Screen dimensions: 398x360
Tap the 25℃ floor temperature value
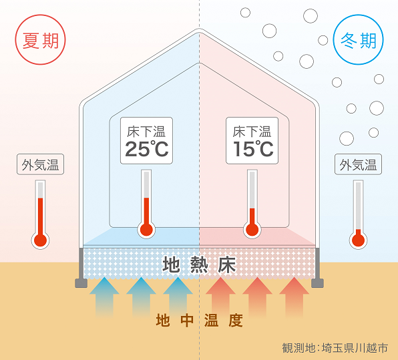click(147, 149)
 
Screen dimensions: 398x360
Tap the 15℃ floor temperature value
click(253, 149)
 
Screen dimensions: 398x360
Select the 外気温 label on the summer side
click(40, 164)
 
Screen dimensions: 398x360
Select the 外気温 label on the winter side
click(358, 164)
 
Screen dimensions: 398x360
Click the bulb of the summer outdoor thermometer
click(40, 240)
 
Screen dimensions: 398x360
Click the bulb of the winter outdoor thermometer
click(358, 240)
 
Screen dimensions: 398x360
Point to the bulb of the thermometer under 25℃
click(146, 230)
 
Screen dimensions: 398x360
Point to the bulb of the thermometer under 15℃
click(252, 230)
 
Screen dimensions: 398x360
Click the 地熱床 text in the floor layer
click(199, 264)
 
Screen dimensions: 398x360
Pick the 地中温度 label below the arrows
click(199, 321)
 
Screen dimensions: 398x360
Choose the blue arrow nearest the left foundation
click(104, 297)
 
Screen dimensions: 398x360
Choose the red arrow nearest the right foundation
click(294, 297)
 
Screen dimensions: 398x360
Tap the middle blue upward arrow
click(141, 297)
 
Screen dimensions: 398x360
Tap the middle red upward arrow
click(257, 297)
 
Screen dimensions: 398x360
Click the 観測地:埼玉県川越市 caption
click(335, 348)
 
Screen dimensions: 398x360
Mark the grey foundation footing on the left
click(81, 283)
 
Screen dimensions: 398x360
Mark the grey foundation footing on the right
click(317, 283)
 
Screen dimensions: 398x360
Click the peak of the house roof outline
click(199, 29)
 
